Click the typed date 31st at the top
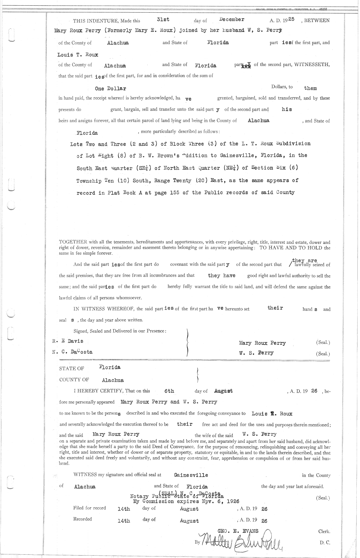(163, 19)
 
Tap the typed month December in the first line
(232, 19)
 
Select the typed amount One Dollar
(110, 89)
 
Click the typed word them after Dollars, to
(310, 88)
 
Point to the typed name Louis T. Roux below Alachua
(78, 55)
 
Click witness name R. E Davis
(68, 341)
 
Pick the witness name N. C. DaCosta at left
(72, 352)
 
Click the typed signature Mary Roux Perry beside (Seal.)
(262, 343)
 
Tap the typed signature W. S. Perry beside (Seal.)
(256, 353)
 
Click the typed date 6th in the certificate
(169, 391)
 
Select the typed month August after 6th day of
(223, 391)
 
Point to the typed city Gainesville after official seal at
(191, 475)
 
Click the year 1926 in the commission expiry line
(233, 501)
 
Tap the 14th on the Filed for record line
(124, 509)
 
